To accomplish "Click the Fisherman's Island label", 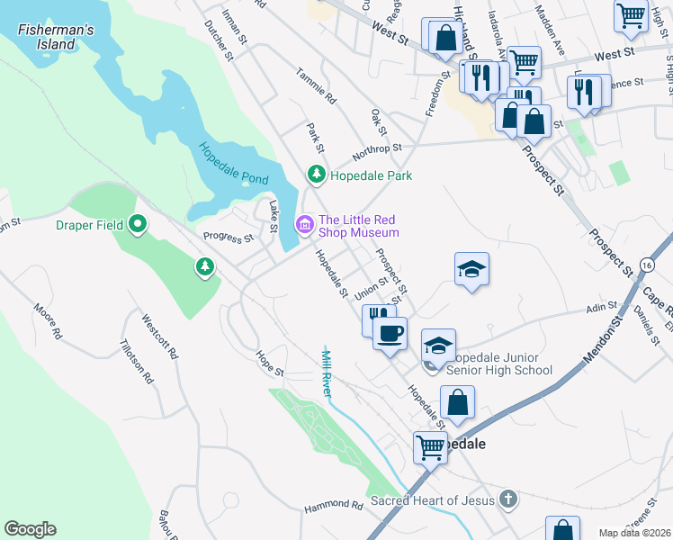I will (x=56, y=37).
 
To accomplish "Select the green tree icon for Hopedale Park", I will (x=316, y=174).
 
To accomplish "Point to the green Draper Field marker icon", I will (x=138, y=224).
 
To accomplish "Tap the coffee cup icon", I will (x=390, y=334).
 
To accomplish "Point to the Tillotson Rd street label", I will (x=137, y=360).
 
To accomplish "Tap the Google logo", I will (x=31, y=528).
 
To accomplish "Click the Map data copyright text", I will (x=634, y=533).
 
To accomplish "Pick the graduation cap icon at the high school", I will (x=438, y=346).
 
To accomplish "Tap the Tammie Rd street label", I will (x=315, y=86).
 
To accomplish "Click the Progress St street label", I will (x=229, y=238).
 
